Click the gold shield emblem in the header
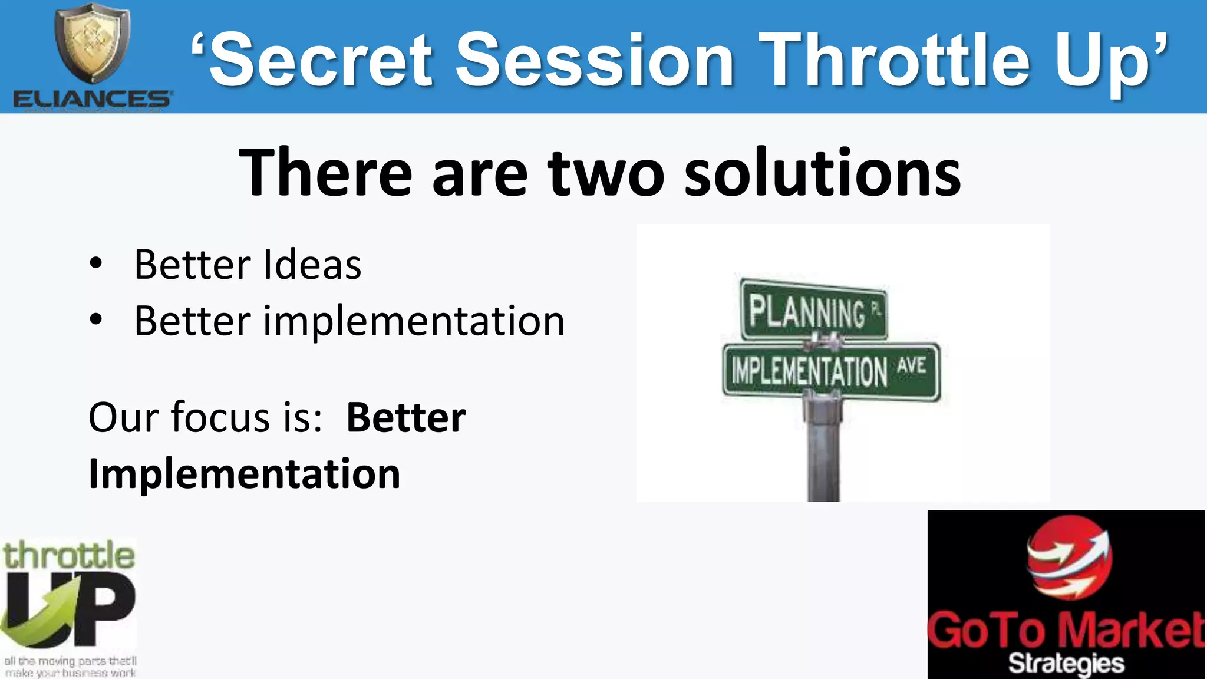point(93,42)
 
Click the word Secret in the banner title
point(321,61)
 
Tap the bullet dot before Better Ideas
point(96,264)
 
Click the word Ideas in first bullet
point(312,265)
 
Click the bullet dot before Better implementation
point(96,320)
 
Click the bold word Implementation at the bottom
point(245,474)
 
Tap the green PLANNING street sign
point(813,311)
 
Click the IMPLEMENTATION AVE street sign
point(830,371)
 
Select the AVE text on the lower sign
point(912,365)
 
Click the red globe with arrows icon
point(1069,557)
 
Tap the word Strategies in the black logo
point(1066,664)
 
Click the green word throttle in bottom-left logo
point(69,556)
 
